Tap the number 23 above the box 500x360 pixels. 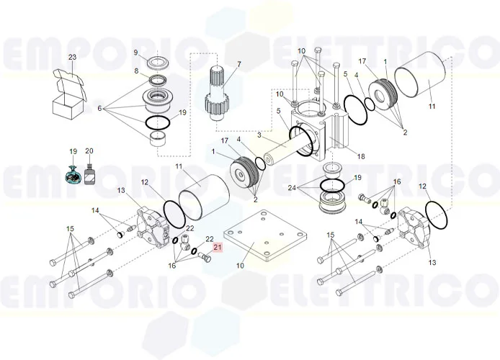71,57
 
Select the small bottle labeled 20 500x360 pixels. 89,175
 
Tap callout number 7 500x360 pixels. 239,64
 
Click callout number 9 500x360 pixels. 135,53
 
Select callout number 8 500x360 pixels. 135,71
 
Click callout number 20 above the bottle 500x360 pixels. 89,151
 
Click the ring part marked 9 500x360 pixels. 158,60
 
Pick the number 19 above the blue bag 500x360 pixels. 73,151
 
